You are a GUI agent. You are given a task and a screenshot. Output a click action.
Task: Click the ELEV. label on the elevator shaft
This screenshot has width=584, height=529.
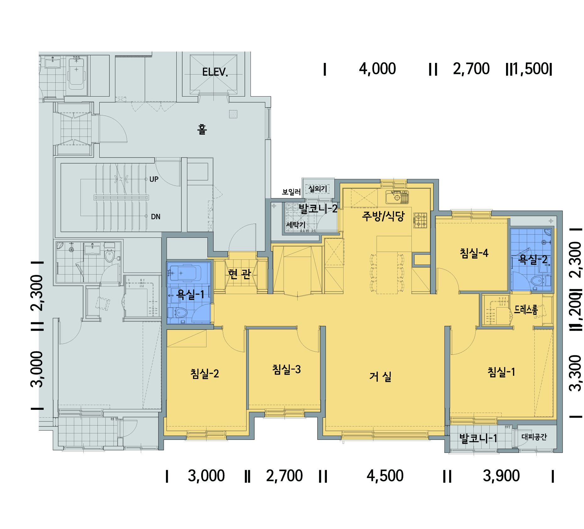pos(215,72)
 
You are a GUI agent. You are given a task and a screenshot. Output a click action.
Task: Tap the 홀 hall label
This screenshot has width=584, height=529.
pos(202,129)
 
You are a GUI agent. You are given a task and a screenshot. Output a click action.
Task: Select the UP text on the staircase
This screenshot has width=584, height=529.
pos(154,179)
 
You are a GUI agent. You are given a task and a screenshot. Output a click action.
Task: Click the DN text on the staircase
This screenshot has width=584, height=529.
pos(156,217)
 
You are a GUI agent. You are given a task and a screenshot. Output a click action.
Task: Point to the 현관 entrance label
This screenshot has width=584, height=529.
pos(240,274)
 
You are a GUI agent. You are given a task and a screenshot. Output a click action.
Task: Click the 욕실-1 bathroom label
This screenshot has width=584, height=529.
pos(190,294)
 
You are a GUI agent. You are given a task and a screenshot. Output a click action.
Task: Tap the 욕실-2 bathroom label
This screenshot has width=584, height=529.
pos(533,259)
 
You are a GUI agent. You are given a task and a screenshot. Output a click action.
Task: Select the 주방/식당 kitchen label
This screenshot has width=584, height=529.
pos(383,216)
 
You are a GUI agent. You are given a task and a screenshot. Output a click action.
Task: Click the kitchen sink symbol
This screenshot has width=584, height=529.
pos(397,197)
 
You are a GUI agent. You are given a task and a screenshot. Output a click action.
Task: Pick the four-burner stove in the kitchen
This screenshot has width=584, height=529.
pos(420,220)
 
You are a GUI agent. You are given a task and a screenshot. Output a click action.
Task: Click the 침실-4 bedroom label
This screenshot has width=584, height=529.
pos(474,253)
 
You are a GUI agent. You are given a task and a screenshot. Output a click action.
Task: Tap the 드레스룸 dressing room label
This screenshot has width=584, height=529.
pos(526,309)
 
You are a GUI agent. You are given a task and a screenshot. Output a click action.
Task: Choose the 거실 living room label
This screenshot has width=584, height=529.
pos(380,376)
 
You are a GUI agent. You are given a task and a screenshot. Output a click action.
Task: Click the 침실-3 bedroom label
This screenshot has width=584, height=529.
pos(286,369)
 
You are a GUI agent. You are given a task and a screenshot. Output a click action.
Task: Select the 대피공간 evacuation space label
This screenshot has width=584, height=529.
pos(534,437)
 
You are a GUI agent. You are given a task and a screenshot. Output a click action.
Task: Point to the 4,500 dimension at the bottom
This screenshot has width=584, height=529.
pos(385,476)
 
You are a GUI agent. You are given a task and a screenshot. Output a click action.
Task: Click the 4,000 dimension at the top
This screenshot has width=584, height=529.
pos(377,69)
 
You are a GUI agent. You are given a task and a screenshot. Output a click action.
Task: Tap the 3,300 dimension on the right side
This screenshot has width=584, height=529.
pos(576,373)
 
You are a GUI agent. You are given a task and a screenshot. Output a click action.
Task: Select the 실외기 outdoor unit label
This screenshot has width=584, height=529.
pos(317,189)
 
